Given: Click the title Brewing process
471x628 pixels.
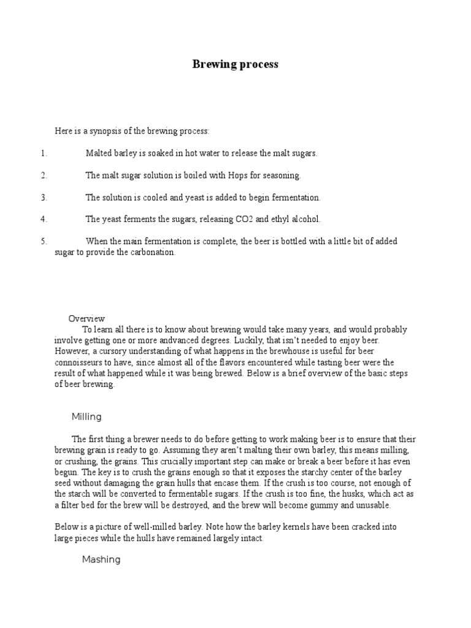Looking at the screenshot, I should [x=235, y=64].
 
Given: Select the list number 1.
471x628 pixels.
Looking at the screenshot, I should [x=44, y=153].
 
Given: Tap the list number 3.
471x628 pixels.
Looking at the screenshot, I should [x=44, y=197].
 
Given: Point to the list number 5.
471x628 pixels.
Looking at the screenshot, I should [x=44, y=242].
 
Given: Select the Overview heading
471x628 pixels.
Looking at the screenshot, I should [x=86, y=319].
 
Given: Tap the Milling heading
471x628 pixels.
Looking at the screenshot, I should [x=86, y=417].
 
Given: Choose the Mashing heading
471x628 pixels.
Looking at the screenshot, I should [x=101, y=559].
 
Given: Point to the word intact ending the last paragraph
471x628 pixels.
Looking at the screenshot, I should [x=251, y=538].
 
